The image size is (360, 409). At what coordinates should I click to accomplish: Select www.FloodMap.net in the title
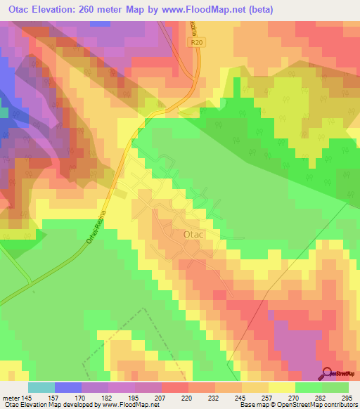(x=210, y=10)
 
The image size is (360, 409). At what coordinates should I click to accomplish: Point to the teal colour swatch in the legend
(x=41, y=387)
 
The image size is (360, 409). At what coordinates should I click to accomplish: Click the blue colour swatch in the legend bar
(x=68, y=387)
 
